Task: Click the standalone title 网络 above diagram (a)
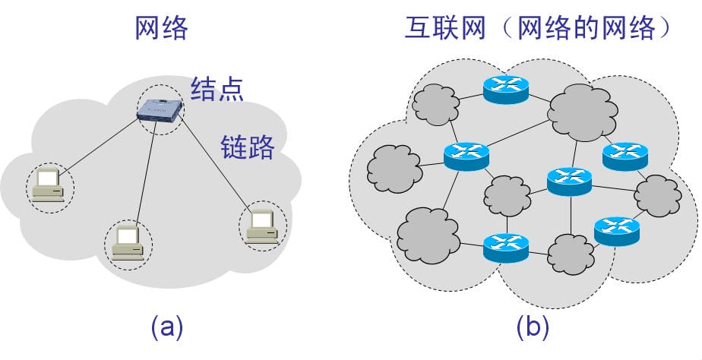(x=161, y=28)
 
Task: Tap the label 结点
(x=217, y=89)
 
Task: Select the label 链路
(x=247, y=146)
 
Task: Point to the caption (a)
(x=167, y=327)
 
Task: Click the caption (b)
(x=533, y=327)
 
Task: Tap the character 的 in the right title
(x=584, y=28)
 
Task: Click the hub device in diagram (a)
(x=160, y=110)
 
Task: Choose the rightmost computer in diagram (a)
(x=262, y=224)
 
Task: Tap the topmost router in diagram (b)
(x=505, y=89)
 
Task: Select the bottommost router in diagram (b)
(x=505, y=246)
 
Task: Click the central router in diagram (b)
(x=569, y=181)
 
